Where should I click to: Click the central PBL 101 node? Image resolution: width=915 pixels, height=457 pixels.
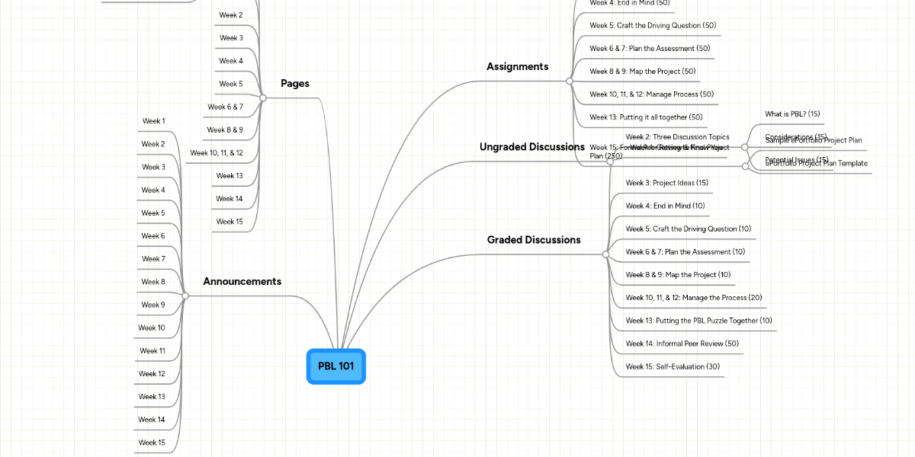tap(335, 366)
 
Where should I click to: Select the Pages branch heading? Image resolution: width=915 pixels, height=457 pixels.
tap(294, 84)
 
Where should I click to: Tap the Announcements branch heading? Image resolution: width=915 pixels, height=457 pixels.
tap(242, 282)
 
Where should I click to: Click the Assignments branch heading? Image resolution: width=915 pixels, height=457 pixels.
tap(517, 67)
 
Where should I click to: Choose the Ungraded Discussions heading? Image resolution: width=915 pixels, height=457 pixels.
tap(531, 147)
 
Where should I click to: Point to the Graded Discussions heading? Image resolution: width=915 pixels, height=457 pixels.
tap(534, 240)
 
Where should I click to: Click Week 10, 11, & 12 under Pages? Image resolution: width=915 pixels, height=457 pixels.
tap(217, 153)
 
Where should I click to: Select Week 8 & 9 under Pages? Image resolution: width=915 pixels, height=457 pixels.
tap(225, 130)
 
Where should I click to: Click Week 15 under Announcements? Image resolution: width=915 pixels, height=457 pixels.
tap(152, 443)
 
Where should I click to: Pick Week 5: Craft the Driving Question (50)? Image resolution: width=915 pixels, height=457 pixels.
tap(653, 26)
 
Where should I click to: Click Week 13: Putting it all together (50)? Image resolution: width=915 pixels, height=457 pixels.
tap(646, 117)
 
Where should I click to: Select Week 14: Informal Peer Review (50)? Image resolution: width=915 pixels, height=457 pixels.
tap(682, 344)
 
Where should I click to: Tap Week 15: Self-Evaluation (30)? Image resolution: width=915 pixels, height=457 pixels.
tap(673, 366)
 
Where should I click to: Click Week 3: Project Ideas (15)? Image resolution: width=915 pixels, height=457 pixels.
tap(666, 183)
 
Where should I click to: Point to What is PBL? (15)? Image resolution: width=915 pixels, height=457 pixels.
tap(792, 114)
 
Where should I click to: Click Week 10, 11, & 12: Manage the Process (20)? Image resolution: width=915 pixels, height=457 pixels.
tap(693, 298)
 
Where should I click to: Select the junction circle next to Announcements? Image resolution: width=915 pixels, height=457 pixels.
tap(185, 296)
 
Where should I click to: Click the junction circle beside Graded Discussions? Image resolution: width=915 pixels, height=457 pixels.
tap(605, 254)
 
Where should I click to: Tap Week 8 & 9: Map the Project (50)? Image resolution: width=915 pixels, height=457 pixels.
tap(643, 72)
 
